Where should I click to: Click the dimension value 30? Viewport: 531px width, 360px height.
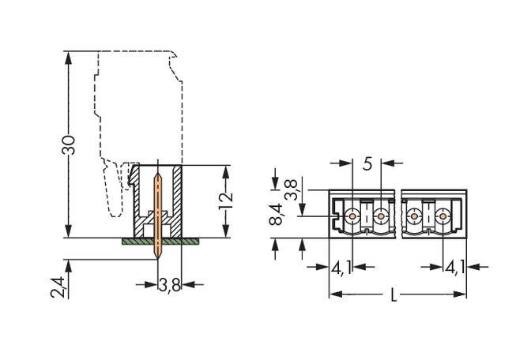(x=69, y=144)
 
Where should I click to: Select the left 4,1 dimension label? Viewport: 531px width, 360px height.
(x=341, y=267)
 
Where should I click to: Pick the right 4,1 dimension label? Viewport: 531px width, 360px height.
(x=454, y=267)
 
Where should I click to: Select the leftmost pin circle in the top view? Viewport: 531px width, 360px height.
(x=351, y=214)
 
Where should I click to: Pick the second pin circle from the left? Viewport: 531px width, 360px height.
(x=381, y=214)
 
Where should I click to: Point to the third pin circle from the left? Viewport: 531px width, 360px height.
(x=413, y=214)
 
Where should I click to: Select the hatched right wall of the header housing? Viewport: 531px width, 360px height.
(x=179, y=201)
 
